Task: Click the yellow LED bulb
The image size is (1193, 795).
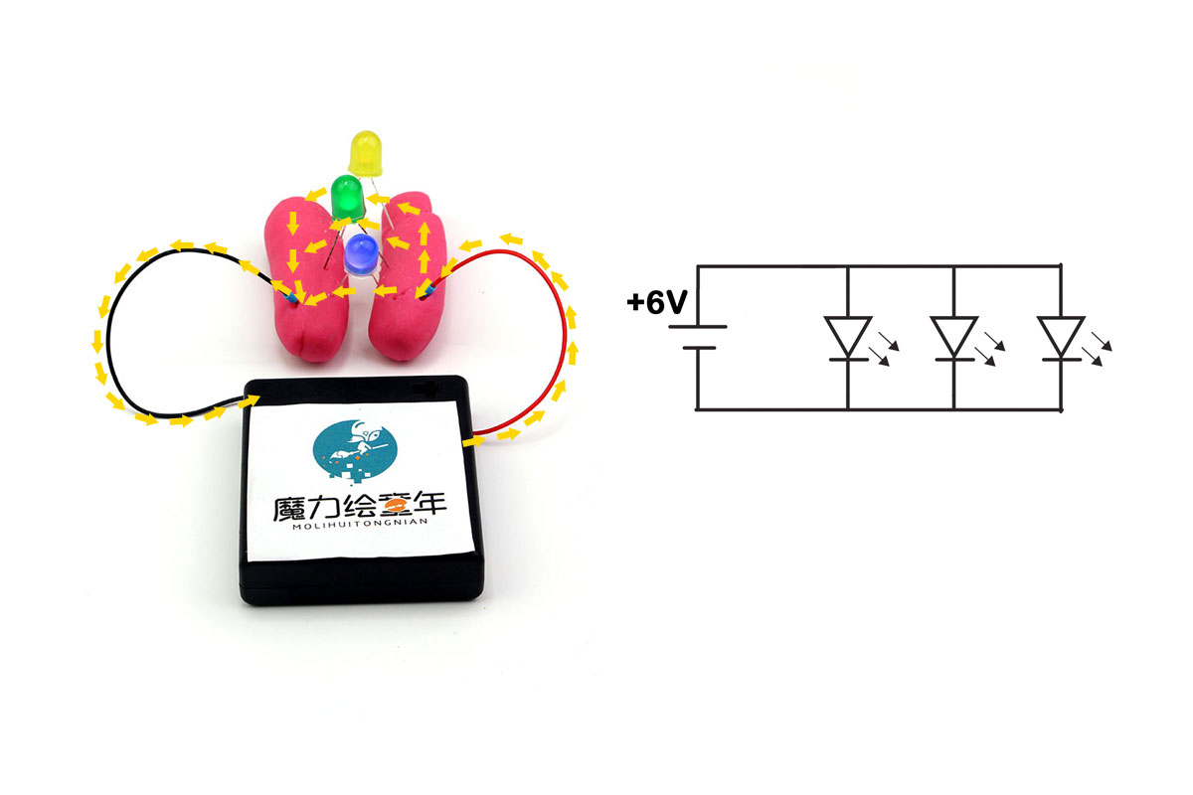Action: [366, 153]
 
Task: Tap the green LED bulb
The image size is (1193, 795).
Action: [347, 197]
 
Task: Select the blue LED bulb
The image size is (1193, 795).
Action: [361, 254]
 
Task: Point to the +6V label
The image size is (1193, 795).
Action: [657, 302]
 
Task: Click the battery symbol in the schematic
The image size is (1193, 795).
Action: [698, 338]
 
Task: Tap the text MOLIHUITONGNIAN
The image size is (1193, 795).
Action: [360, 524]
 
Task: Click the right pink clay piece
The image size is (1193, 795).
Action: [407, 277]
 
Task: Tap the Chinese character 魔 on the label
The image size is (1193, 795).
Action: [290, 508]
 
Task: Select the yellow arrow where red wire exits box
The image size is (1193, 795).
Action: [473, 441]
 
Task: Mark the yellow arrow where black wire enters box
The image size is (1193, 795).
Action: [249, 400]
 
